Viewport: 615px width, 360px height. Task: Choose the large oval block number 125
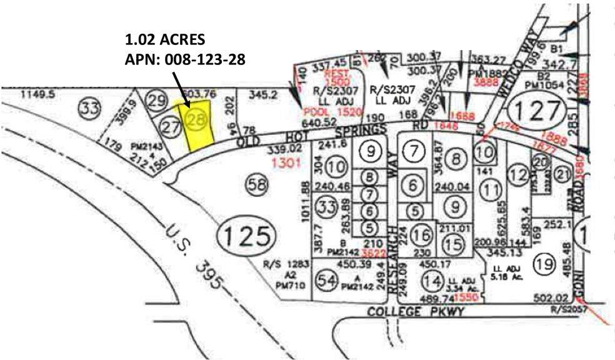click(246, 236)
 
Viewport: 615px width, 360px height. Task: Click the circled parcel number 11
click(492, 188)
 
